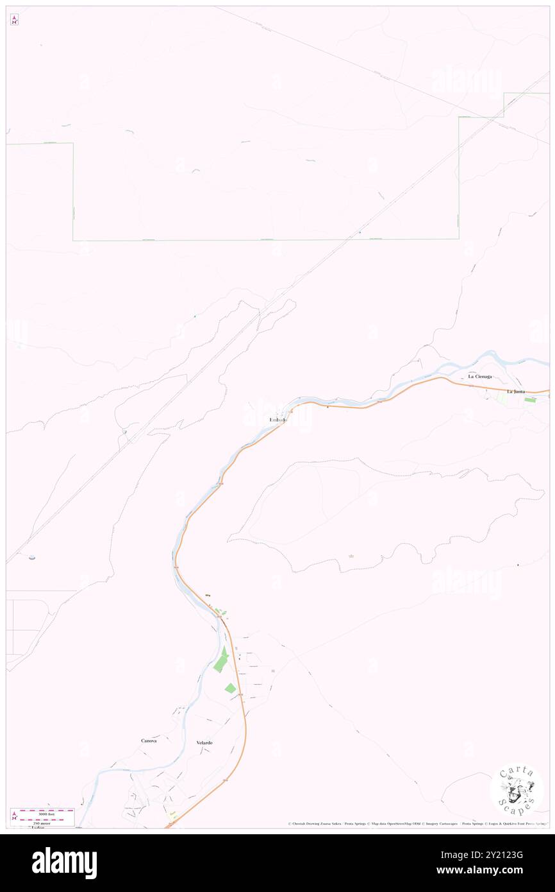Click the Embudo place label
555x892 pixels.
[x=278, y=420]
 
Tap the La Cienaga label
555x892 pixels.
[x=479, y=376]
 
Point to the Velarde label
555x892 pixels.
[x=204, y=742]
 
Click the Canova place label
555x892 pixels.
[x=149, y=741]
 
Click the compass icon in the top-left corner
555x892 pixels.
[x=15, y=20]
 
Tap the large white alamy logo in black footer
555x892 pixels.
[x=65, y=862]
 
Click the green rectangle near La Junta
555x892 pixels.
[x=530, y=400]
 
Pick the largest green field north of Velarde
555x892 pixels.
[x=220, y=660]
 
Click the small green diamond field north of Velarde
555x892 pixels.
[x=230, y=689]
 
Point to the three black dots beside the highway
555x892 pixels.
[x=207, y=596]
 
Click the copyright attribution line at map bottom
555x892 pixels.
[x=417, y=823]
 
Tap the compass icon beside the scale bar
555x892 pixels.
[x=14, y=815]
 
